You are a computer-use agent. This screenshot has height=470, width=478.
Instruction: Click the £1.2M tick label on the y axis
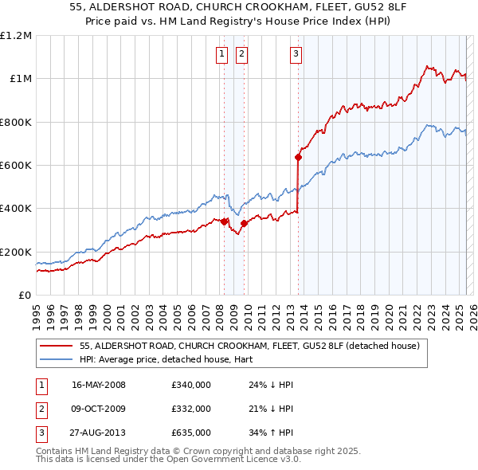click(x=16, y=36)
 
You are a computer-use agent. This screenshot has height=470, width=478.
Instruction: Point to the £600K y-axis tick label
click(x=16, y=166)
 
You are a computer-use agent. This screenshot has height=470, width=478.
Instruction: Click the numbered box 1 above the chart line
click(x=221, y=54)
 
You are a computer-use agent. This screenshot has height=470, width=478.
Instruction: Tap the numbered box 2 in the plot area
click(x=241, y=54)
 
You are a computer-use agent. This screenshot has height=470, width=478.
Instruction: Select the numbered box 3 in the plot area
click(x=296, y=54)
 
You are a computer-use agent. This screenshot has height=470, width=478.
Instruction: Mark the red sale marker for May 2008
click(x=225, y=221)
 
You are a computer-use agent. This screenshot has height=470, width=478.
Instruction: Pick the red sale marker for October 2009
click(x=245, y=223)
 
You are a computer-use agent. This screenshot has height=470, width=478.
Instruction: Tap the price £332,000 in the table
click(x=191, y=409)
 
